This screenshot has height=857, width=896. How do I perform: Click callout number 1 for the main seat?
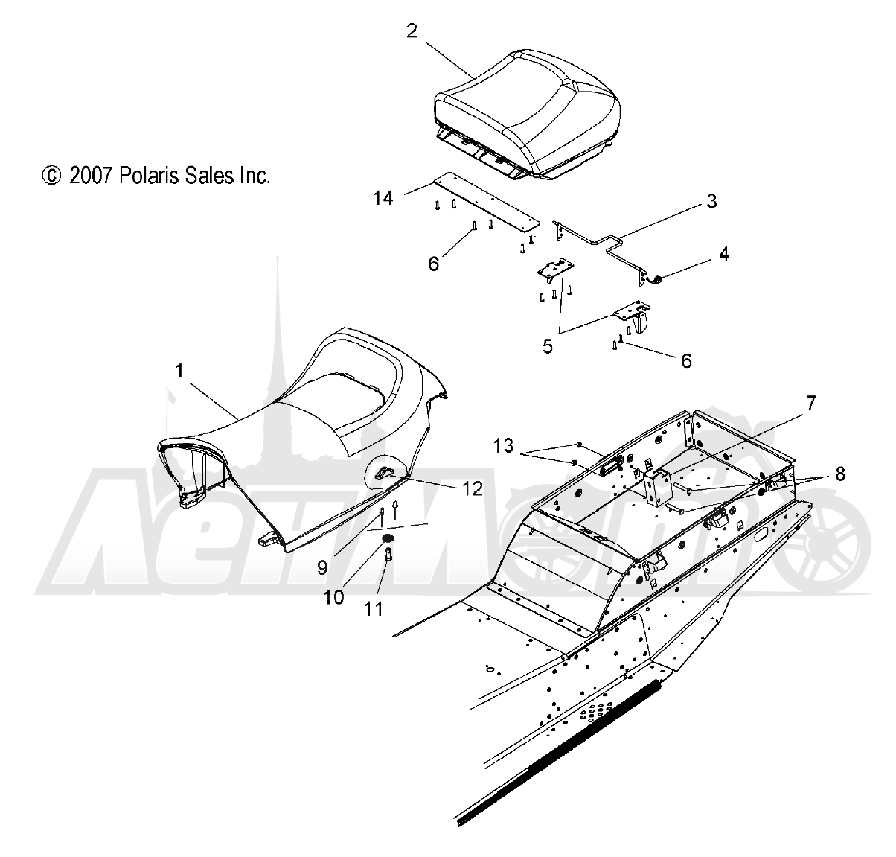click(x=179, y=371)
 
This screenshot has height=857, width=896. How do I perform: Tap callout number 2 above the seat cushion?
click(x=412, y=31)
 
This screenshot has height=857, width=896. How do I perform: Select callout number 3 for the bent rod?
click(x=711, y=201)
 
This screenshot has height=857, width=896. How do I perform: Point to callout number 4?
click(x=724, y=254)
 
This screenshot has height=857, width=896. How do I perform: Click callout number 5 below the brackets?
click(x=548, y=346)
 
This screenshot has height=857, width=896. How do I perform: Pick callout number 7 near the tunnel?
click(x=810, y=404)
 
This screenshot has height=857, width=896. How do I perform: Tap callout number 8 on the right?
click(x=840, y=474)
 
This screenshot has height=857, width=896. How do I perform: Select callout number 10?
click(x=334, y=598)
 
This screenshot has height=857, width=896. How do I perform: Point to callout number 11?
click(x=374, y=610)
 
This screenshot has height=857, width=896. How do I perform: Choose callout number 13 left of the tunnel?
click(x=503, y=445)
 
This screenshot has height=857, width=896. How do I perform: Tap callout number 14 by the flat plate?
click(x=383, y=198)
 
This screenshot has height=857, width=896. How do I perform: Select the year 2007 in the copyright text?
click(x=92, y=176)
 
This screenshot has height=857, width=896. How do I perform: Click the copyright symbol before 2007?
click(x=51, y=176)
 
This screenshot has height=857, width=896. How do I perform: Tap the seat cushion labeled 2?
click(x=527, y=113)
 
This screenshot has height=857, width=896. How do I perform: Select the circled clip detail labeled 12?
click(x=385, y=472)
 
